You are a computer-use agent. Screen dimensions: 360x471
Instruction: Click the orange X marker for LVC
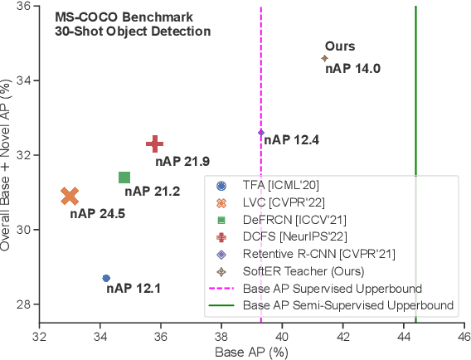point(70,196)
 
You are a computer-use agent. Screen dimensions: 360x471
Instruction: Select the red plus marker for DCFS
point(155,144)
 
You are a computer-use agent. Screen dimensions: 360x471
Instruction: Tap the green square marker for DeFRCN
point(124,178)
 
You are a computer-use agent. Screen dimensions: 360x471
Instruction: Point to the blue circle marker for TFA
point(106,278)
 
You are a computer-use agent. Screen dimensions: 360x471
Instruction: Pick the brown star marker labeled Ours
point(324,58)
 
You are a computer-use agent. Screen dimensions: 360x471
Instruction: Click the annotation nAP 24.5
point(97,214)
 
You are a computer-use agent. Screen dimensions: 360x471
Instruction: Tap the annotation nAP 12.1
point(133,289)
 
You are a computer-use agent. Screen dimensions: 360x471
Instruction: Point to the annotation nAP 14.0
point(352,69)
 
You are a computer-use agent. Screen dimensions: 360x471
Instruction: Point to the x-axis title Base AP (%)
point(251,352)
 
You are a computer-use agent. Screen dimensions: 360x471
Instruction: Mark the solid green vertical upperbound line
point(415,100)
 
